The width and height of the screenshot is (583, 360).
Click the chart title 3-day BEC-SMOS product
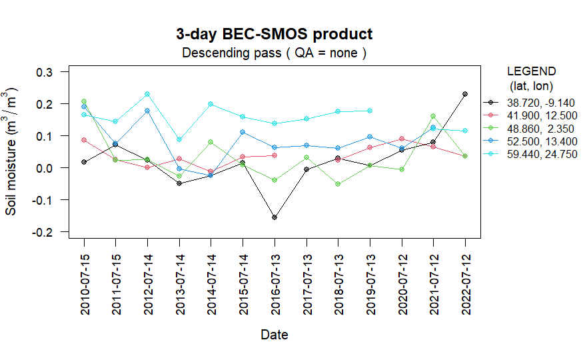pyautogui.click(x=274, y=34)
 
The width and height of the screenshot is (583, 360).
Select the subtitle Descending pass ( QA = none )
pyautogui.click(x=274, y=53)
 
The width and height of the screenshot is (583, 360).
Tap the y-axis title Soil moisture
pyautogui.click(x=12, y=153)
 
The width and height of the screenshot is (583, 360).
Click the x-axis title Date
pyautogui.click(x=275, y=335)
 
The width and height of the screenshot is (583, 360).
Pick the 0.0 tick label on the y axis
pyautogui.click(x=52, y=168)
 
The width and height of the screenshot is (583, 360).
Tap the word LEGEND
pyautogui.click(x=531, y=71)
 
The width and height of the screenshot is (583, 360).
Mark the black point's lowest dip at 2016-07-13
pyautogui.click(x=275, y=217)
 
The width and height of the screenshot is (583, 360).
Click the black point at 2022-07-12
pyautogui.click(x=465, y=94)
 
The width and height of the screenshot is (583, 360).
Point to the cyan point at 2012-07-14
pyautogui.click(x=147, y=94)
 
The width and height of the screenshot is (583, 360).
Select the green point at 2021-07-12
pyautogui.click(x=433, y=116)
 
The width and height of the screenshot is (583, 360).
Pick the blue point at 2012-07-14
pyautogui.click(x=147, y=111)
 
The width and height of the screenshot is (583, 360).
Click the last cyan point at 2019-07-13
pyautogui.click(x=370, y=111)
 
